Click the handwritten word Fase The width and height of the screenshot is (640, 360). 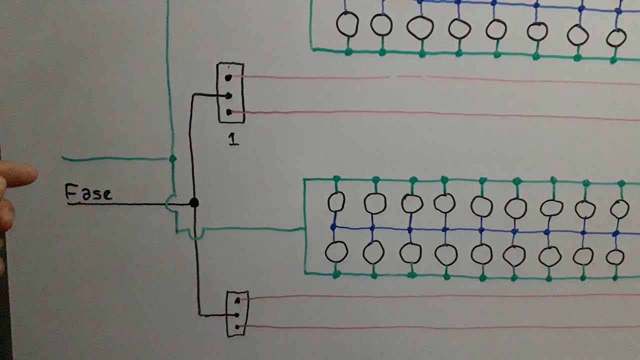pyautogui.click(x=88, y=192)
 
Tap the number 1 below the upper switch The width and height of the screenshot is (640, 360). pyautogui.click(x=233, y=139)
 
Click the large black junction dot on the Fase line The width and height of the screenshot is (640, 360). pyautogui.click(x=194, y=202)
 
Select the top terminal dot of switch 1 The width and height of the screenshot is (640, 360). pyautogui.click(x=228, y=77)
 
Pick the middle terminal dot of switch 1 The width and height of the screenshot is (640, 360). pyautogui.click(x=228, y=96)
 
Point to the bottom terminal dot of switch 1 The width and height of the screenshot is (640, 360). pyautogui.click(x=229, y=112)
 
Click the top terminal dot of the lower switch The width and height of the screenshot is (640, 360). pyautogui.click(x=237, y=300)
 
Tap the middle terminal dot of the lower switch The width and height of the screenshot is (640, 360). pyautogui.click(x=236, y=315)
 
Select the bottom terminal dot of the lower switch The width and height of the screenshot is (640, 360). pyautogui.click(x=237, y=327)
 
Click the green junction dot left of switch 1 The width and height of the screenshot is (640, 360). pyautogui.click(x=173, y=159)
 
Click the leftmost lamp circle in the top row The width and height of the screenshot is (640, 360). pyautogui.click(x=347, y=24)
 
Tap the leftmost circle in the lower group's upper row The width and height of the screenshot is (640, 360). pyautogui.click(x=336, y=201)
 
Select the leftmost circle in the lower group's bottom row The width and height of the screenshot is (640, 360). pyautogui.click(x=336, y=252)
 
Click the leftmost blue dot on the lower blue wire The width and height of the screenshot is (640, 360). pyautogui.click(x=333, y=227)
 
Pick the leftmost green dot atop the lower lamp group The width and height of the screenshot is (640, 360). pyautogui.click(x=336, y=179)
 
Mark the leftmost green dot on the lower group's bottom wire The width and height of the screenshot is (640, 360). pyautogui.click(x=336, y=275)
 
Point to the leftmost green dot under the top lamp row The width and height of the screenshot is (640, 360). pyautogui.click(x=348, y=52)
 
